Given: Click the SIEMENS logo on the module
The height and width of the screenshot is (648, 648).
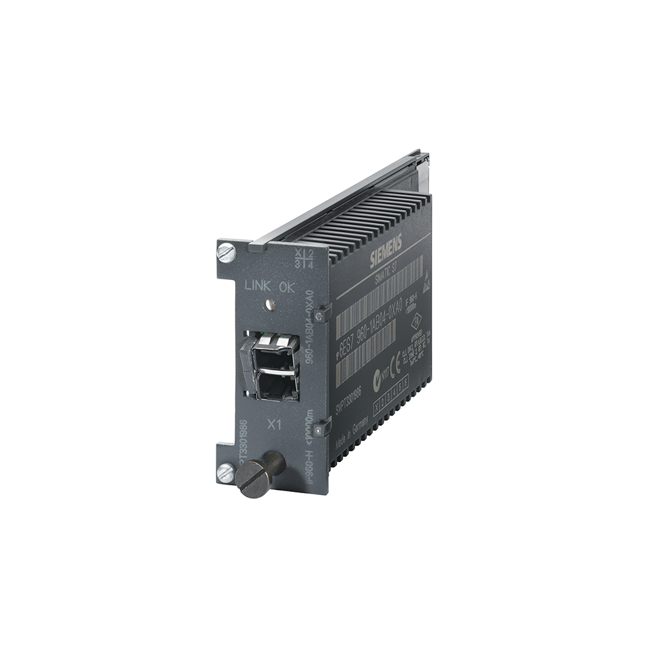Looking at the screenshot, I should click(386, 250).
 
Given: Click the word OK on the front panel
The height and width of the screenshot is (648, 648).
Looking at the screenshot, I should click(287, 287).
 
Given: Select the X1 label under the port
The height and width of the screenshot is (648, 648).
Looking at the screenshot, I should click(275, 423).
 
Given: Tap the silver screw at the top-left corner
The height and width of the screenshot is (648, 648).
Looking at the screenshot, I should click(226, 252).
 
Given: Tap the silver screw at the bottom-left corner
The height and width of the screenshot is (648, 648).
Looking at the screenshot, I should click(226, 473).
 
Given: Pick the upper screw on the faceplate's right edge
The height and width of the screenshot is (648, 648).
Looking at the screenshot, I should click(319, 315).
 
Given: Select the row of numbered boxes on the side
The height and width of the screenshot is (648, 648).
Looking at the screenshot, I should click(391, 395).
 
